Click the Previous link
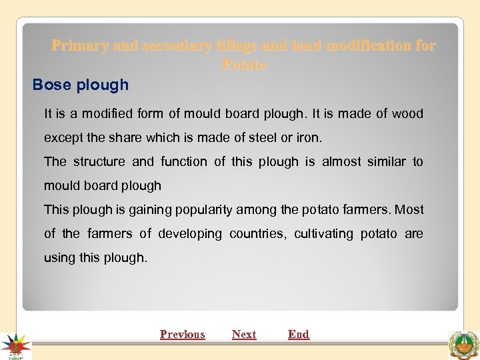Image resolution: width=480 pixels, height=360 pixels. point(182,334)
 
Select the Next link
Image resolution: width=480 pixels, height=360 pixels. point(244,334)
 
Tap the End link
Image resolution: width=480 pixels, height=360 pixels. point(299,334)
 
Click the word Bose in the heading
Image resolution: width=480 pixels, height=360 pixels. point(52,85)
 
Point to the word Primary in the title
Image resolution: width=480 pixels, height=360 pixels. point(80,45)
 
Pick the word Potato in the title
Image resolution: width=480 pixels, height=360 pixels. point(243,65)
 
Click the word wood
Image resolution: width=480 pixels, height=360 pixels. point(407,113)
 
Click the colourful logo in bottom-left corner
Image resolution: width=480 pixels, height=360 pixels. point(15,345)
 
